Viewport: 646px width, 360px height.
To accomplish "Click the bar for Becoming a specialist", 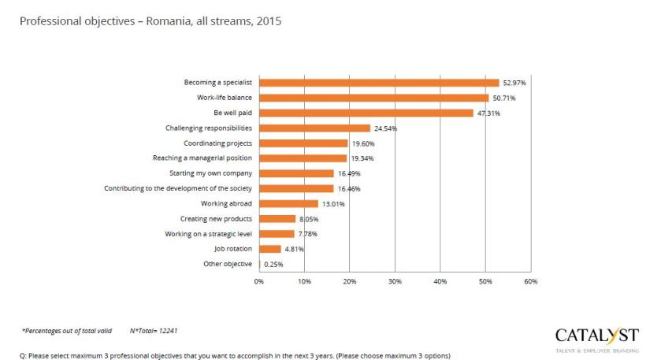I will (379, 83).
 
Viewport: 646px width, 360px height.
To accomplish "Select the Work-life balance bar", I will (373, 98).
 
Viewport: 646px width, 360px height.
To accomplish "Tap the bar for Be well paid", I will (366, 113).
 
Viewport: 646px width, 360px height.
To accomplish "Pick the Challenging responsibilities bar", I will (314, 128).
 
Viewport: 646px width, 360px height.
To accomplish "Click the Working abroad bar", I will (288, 203).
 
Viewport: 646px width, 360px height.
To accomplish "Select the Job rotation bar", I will (269, 249).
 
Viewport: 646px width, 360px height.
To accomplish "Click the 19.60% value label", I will (363, 143).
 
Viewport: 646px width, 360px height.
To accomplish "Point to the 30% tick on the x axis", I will (395, 281).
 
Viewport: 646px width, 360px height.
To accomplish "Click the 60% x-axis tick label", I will (530, 281).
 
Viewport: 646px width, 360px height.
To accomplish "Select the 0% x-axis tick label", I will (259, 281).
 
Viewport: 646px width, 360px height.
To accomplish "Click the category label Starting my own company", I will (211, 173).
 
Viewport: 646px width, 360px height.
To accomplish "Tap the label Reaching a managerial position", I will (202, 158).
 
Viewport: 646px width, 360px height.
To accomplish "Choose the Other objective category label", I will (228, 264).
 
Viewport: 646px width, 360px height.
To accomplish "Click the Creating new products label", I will (216, 218).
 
